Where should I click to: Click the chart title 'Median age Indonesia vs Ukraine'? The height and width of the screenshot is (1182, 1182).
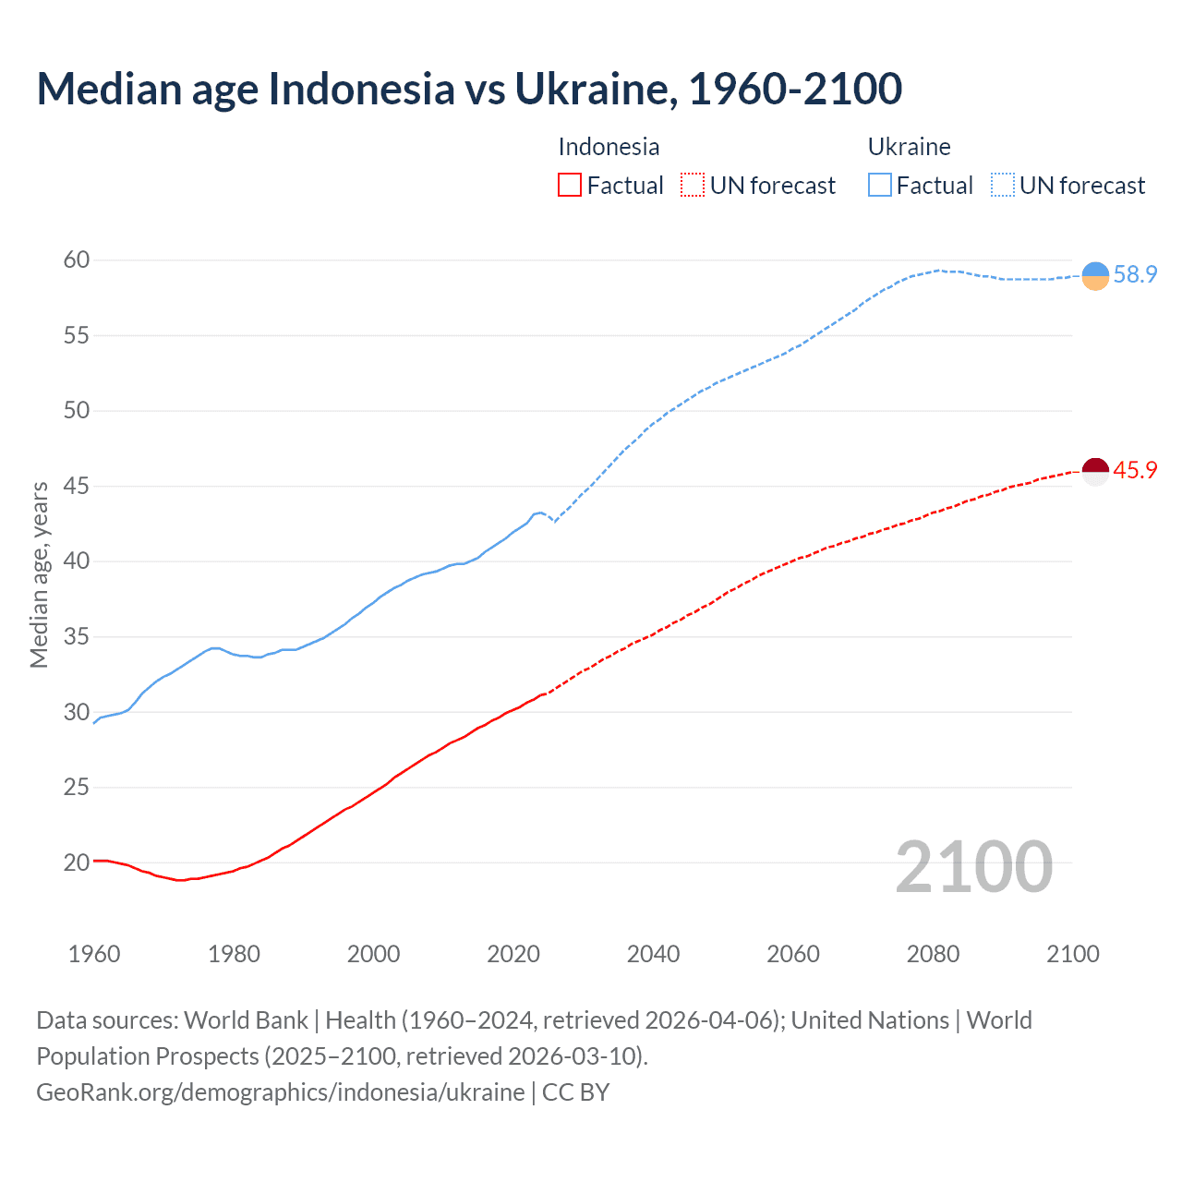469,90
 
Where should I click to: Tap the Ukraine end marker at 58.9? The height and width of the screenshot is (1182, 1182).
1094,275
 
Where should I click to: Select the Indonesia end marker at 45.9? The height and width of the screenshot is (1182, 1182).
1094,471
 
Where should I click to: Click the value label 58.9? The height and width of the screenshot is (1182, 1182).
1135,275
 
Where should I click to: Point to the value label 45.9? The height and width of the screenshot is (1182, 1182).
1135,471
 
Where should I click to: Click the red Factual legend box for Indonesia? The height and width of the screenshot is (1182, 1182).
570,186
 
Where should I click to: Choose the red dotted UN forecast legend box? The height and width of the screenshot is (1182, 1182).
693,186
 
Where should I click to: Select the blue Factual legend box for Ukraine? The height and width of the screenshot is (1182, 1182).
880,186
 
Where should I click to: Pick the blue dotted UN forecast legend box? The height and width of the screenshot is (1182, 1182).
1003,186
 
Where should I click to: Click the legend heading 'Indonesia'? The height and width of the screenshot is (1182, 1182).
609,147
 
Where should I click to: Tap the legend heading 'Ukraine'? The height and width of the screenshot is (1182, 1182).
909,147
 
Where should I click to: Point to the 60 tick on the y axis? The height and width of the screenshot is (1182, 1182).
77,260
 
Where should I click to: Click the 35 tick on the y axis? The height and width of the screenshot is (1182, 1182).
77,637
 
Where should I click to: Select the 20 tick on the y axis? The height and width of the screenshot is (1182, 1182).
77,863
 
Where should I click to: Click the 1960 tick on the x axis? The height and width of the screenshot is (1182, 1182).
94,954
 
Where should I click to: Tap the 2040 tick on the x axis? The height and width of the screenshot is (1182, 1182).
653,954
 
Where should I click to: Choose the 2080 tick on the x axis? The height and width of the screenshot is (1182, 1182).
933,954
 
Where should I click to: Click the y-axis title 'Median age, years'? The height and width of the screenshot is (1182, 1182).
39,574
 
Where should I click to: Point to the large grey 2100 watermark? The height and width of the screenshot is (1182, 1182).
973,867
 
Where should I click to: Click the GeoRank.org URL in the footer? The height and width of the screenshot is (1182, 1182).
280,1092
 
